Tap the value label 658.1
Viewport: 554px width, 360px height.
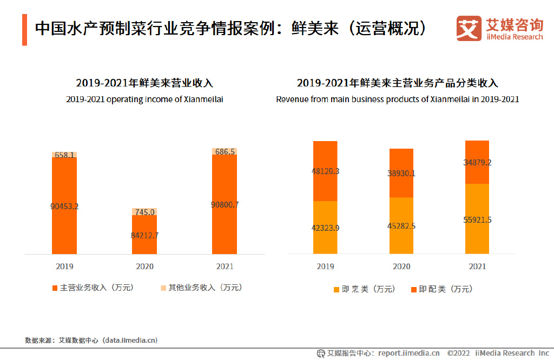coord(64,155)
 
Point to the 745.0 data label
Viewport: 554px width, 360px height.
coord(144,212)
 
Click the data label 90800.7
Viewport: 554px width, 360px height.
coord(224,204)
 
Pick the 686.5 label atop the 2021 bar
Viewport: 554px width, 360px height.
coord(224,152)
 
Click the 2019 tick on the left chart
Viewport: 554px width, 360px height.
coord(64,266)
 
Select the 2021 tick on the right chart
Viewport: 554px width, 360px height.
coord(477,266)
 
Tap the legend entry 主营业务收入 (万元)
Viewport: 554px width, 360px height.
coord(93,288)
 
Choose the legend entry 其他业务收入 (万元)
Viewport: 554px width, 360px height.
coord(201,288)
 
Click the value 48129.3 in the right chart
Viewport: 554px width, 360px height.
coord(326,171)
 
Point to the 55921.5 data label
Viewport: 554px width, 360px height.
coord(477,219)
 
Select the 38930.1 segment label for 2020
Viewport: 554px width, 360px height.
coord(401,174)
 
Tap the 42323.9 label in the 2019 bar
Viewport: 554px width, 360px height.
coord(326,228)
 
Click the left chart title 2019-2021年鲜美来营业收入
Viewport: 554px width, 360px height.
coord(144,83)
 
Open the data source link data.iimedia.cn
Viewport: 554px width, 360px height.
coord(130,341)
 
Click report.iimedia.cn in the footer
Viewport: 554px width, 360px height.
coord(409,353)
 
